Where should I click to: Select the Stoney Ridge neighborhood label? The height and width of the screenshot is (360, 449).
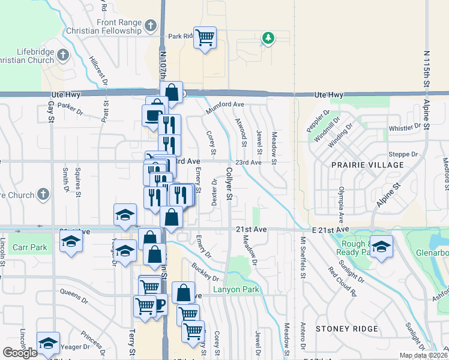(x=347, y=329)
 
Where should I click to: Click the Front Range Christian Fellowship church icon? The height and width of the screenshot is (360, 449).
(x=151, y=26)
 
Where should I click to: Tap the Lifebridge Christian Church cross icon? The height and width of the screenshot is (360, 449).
(x=63, y=56)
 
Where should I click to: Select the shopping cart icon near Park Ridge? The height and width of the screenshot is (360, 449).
(x=205, y=37)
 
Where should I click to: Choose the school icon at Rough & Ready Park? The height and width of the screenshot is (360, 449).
(x=381, y=246)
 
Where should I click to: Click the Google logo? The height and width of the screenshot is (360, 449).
(x=20, y=353)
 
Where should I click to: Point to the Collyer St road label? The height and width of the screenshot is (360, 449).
(x=229, y=183)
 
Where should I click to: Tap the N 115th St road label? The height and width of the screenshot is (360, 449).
(x=425, y=72)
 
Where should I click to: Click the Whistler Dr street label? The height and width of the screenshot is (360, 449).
(x=405, y=128)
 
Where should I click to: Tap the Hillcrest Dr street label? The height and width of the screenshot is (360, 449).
(x=95, y=70)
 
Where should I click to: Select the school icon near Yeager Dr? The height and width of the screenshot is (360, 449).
(x=48, y=343)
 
